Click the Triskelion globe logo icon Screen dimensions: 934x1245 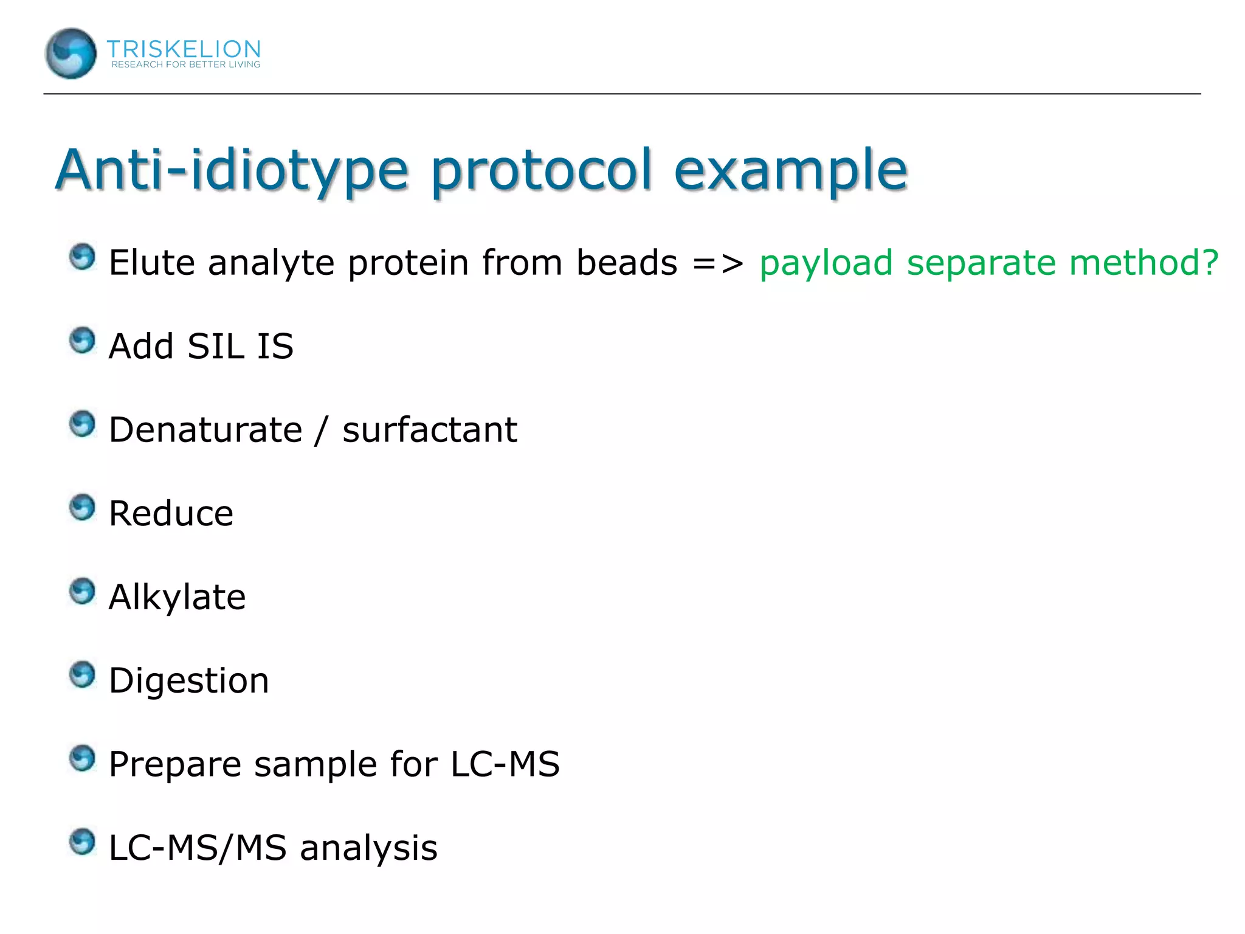click(71, 54)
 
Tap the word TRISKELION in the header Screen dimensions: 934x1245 click(184, 49)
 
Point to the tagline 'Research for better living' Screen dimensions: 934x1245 click(185, 64)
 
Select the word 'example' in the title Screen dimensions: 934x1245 click(790, 170)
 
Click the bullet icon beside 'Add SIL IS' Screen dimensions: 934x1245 click(82, 341)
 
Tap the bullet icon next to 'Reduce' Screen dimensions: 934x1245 click(82, 508)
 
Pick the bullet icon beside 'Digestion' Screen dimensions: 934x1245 click(82, 675)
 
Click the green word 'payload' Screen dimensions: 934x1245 click(826, 263)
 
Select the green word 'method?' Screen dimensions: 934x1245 click(1143, 263)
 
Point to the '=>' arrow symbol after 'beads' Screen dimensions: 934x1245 click(717, 264)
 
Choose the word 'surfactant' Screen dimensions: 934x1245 click(430, 430)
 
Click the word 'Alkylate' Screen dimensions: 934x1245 click(177, 597)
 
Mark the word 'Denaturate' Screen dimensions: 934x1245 click(205, 430)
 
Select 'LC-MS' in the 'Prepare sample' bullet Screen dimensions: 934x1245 click(505, 764)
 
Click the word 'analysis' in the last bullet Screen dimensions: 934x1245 click(368, 848)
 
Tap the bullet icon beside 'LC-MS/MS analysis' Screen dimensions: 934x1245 click(82, 842)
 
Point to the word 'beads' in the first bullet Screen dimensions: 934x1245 click(626, 263)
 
